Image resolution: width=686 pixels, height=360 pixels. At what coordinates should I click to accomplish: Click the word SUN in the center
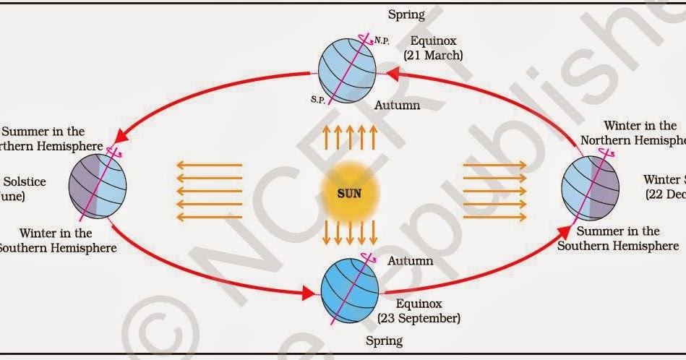pyautogui.click(x=349, y=194)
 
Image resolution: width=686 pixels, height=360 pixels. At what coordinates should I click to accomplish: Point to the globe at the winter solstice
pyautogui.click(x=590, y=189)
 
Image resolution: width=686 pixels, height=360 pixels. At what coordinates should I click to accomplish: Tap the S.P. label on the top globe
pyautogui.click(x=318, y=99)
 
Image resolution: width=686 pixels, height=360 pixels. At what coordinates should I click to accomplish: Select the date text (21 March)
pyautogui.click(x=433, y=54)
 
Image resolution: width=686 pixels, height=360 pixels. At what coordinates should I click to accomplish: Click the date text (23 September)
pyautogui.click(x=419, y=317)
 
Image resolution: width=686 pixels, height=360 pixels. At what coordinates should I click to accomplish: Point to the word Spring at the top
pyautogui.click(x=406, y=14)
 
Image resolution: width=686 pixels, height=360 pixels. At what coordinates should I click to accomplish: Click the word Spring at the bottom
pyautogui.click(x=384, y=340)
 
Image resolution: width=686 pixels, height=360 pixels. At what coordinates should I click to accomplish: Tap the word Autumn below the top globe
pyautogui.click(x=397, y=105)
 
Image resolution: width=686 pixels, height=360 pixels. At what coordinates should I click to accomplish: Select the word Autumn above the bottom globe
pyautogui.click(x=410, y=260)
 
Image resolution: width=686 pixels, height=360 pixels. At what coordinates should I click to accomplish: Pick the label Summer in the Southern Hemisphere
pyautogui.click(x=618, y=239)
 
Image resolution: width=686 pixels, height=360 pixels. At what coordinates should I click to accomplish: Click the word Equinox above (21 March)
pyautogui.click(x=433, y=40)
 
